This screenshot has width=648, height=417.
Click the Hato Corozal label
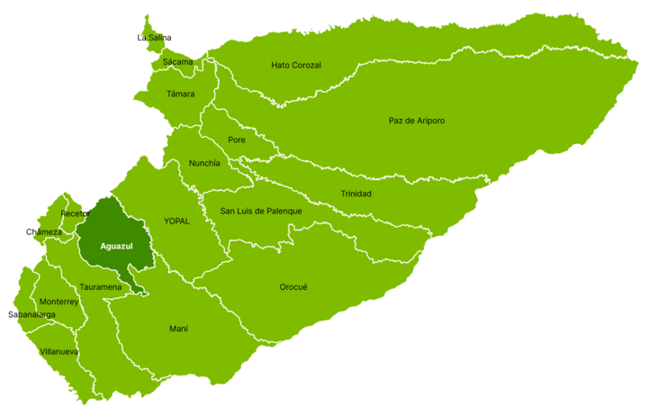tap(296, 65)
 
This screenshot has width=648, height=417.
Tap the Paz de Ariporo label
tap(417, 121)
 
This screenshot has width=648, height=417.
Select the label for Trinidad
tap(355, 194)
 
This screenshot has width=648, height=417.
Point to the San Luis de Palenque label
tap(261, 211)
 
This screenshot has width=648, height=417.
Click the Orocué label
tap(293, 287)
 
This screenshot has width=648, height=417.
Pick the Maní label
tap(178, 329)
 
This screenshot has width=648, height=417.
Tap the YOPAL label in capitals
tap(176, 221)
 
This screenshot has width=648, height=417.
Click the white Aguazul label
tap(117, 246)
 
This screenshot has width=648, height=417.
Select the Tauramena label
tap(100, 287)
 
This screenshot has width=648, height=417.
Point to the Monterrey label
tap(58, 302)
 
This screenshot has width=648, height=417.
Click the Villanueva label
tap(59, 351)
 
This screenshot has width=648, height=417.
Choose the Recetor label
tap(75, 214)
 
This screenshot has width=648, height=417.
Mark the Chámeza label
tap(47, 232)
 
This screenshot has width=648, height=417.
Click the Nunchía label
tap(204, 163)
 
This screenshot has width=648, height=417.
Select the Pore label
tap(237, 140)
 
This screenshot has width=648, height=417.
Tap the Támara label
tap(180, 94)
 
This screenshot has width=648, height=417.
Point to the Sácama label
tap(176, 62)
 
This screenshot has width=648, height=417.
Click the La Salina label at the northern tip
tap(154, 38)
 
